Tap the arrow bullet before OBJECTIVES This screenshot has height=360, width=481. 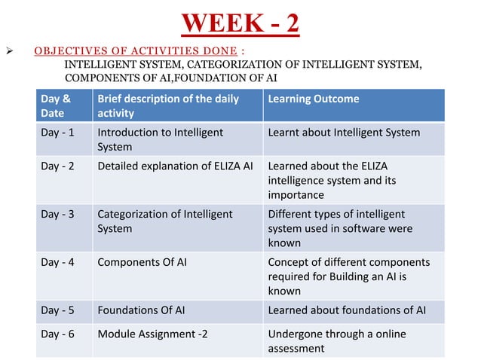[x=13, y=52]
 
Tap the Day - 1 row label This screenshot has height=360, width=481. [x=57, y=133]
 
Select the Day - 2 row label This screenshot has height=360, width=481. [x=57, y=166]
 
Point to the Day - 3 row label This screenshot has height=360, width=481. [x=57, y=214]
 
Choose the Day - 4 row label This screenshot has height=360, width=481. [x=57, y=262]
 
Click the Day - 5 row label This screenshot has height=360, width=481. [x=57, y=310]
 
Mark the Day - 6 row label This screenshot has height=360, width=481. [x=57, y=334]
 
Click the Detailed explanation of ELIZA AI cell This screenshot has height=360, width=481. [x=175, y=166]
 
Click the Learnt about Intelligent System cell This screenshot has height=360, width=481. [x=344, y=133]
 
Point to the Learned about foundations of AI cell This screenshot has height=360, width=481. [x=348, y=310]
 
